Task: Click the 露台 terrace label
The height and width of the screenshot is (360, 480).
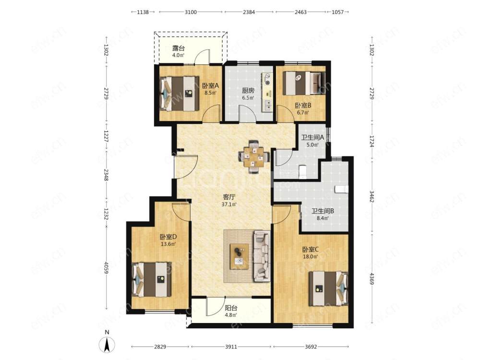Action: coord(179,48)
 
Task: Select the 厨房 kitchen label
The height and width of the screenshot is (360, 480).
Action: coord(248,91)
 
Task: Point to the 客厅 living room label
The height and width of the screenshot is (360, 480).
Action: coord(228,197)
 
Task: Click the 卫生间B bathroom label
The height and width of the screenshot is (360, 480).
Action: coord(323,211)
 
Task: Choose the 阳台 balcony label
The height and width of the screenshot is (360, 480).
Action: coord(231,308)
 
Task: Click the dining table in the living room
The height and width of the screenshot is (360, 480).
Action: coord(254,157)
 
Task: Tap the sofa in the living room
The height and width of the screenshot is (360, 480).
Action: coord(262,256)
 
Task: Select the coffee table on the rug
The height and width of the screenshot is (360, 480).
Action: coord(240,256)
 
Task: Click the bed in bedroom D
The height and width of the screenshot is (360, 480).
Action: coord(152,279)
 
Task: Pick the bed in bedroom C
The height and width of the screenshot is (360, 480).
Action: coord(328,288)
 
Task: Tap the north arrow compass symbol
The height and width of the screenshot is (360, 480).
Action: coord(107,342)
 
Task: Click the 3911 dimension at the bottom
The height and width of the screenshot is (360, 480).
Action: coord(231,347)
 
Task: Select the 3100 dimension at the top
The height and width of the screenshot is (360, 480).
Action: coord(191,12)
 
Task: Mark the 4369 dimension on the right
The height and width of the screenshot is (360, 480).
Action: coord(372,278)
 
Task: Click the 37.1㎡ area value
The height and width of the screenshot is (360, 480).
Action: coord(228,204)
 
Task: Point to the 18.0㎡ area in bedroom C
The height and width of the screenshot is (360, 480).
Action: coord(310,256)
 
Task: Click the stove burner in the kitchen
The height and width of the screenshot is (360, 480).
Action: coord(268,83)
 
